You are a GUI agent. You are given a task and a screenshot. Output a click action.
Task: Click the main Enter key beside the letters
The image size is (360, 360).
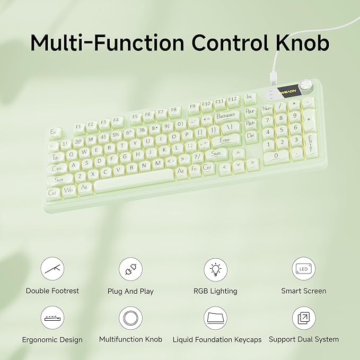tap(225, 141)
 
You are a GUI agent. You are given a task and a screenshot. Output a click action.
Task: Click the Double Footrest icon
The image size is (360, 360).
tap(52, 269)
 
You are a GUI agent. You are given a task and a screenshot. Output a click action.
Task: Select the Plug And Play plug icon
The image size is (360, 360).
tap(130, 269)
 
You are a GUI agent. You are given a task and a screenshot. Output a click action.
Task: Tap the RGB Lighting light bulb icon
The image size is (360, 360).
tap(215, 269)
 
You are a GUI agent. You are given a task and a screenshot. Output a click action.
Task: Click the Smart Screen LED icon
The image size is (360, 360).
tap(304, 269)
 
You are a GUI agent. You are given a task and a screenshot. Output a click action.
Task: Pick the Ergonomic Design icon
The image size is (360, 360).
tap(52, 317)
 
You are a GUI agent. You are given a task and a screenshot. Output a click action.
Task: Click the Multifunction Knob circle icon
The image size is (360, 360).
tap(130, 317)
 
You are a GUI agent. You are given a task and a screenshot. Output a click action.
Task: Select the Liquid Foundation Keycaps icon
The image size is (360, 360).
tap(215, 317)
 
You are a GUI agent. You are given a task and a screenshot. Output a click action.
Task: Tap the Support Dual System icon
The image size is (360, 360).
tap(304, 317)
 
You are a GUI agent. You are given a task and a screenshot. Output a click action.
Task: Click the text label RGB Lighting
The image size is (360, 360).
tap(215, 291)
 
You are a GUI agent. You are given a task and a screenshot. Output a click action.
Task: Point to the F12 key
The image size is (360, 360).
tap(232, 100)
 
